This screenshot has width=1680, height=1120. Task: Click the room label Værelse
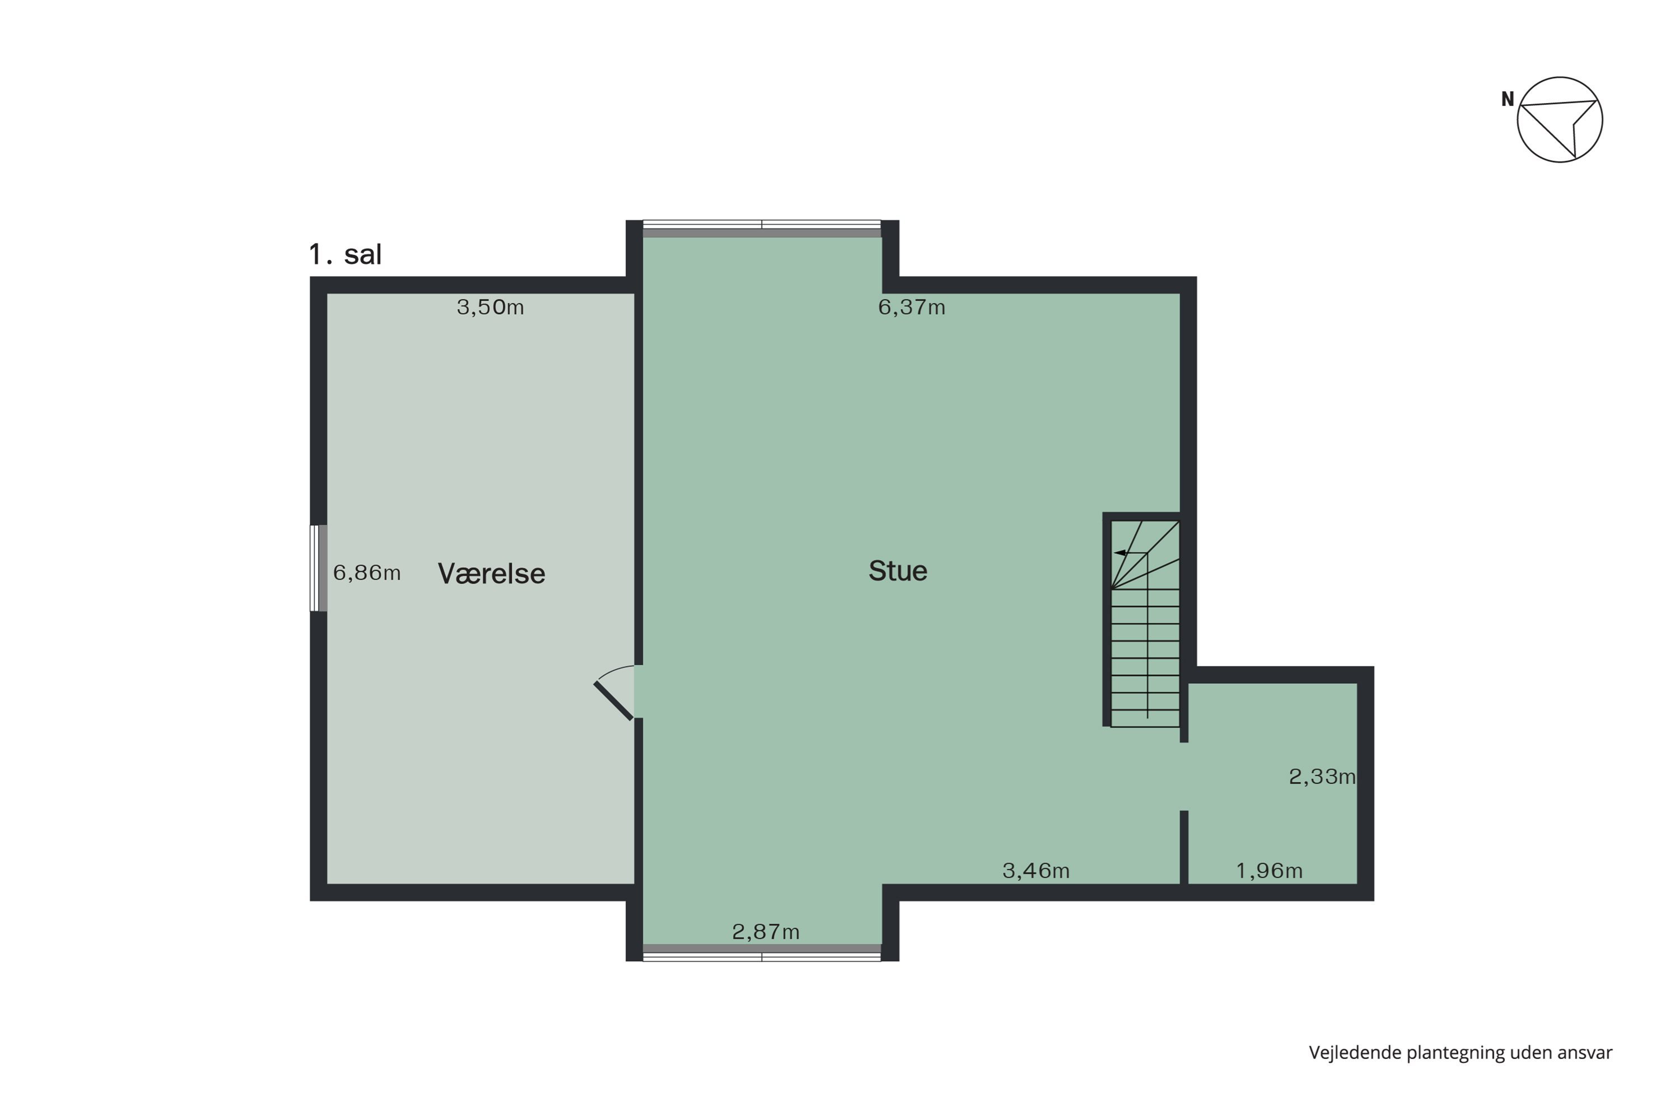point(492,573)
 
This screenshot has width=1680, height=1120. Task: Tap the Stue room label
point(898,571)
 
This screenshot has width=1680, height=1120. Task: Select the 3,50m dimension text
point(490,307)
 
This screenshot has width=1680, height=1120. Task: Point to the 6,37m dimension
point(912,307)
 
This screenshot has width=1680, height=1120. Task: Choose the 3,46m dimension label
point(1035,870)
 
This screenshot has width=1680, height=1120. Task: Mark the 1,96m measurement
point(1270,871)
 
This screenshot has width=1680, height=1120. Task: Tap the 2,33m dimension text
point(1322,776)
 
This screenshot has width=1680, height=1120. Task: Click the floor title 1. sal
point(345,254)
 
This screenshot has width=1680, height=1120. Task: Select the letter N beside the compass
point(1507,99)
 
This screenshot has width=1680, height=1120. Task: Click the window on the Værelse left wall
point(319,568)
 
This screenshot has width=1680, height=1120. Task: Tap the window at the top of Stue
point(762,228)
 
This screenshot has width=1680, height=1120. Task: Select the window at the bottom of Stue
point(762,952)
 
